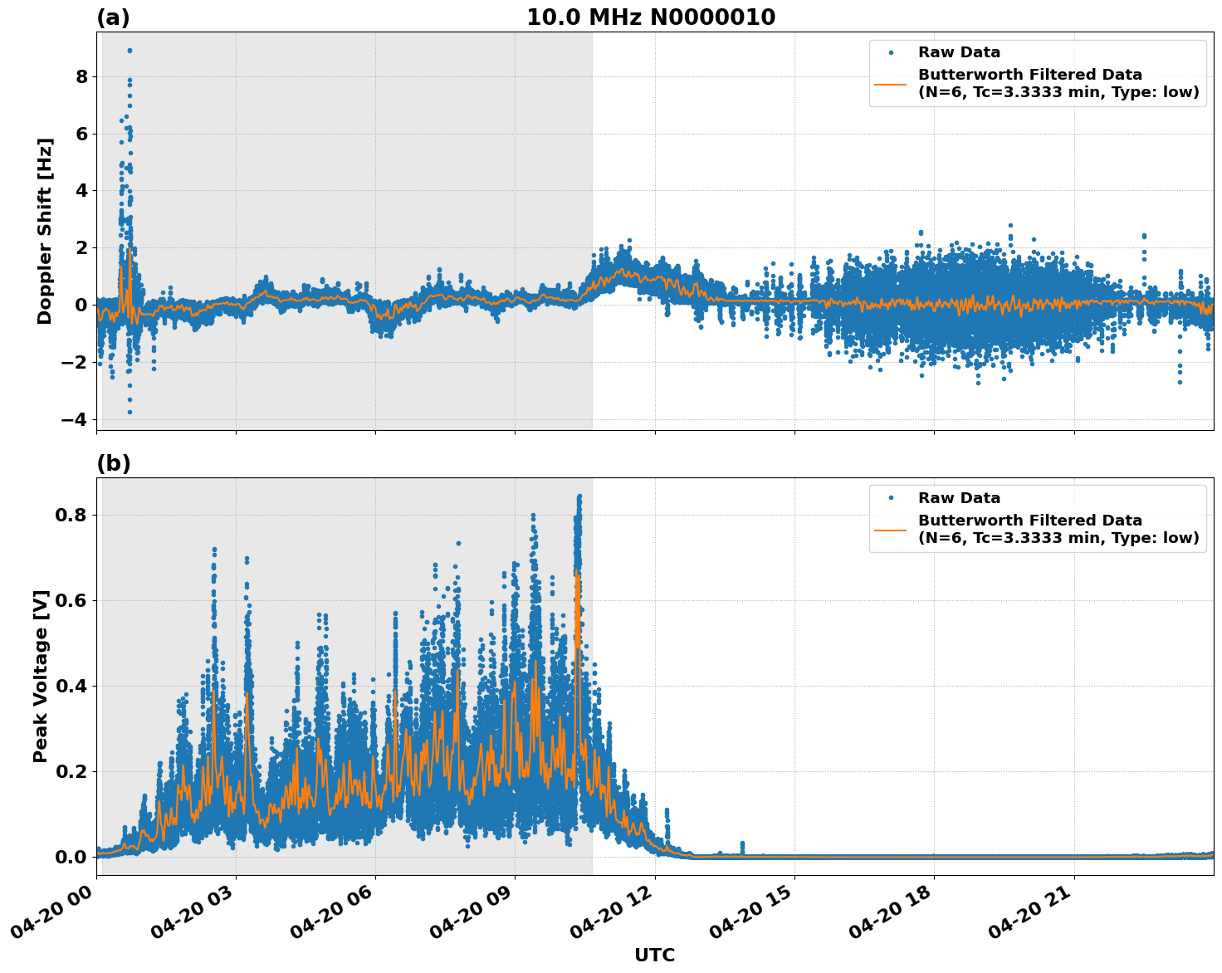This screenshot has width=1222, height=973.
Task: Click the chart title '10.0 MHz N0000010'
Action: [651, 17]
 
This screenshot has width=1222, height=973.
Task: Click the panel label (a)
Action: [113, 17]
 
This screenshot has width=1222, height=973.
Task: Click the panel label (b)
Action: [113, 463]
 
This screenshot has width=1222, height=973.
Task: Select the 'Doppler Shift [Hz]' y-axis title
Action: [45, 231]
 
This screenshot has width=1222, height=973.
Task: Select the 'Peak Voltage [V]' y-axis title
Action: [41, 676]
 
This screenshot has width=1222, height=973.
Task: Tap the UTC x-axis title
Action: [654, 955]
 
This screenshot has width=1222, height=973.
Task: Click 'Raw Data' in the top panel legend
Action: [959, 53]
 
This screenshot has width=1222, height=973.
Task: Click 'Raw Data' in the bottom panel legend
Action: [959, 498]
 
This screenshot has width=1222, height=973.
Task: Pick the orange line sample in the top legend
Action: [891, 84]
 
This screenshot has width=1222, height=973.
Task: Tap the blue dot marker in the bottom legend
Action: [891, 498]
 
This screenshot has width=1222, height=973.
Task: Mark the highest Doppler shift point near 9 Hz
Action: [130, 51]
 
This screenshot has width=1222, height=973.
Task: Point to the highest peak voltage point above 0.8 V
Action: [579, 496]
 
